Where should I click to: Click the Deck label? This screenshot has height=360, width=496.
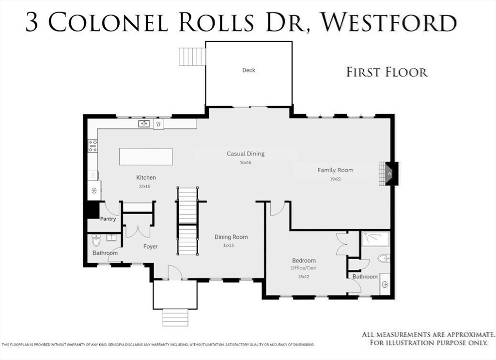click(248, 70)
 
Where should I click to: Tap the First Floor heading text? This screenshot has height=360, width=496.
click(387, 73)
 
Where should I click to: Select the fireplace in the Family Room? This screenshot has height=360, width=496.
click(388, 173)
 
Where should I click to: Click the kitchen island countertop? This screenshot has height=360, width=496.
click(146, 157)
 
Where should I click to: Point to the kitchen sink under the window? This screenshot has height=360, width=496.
click(144, 124)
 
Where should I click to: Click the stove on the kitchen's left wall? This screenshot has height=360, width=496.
click(93, 146)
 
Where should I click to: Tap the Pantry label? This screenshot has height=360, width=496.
click(108, 219)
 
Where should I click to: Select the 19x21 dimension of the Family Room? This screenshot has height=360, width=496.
click(335, 179)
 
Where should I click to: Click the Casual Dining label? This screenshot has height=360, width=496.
click(246, 154)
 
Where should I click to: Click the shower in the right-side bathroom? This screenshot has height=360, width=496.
click(375, 239)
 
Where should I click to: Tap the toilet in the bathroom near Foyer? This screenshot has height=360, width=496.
click(96, 240)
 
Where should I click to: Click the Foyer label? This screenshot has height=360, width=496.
click(150, 247)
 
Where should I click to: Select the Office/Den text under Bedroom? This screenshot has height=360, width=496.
click(304, 268)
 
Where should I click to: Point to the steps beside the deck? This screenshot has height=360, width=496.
click(192, 57)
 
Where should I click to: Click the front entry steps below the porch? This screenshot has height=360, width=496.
click(175, 317)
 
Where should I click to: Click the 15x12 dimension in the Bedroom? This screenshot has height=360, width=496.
click(304, 277)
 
